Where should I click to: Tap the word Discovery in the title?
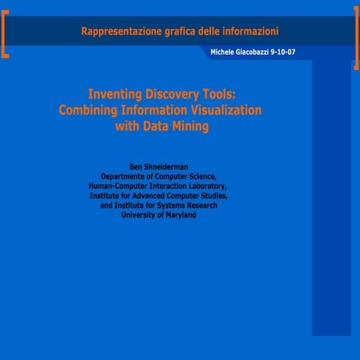173,94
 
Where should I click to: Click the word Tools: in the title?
219,94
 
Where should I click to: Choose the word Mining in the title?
188,127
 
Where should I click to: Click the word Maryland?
178,214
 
